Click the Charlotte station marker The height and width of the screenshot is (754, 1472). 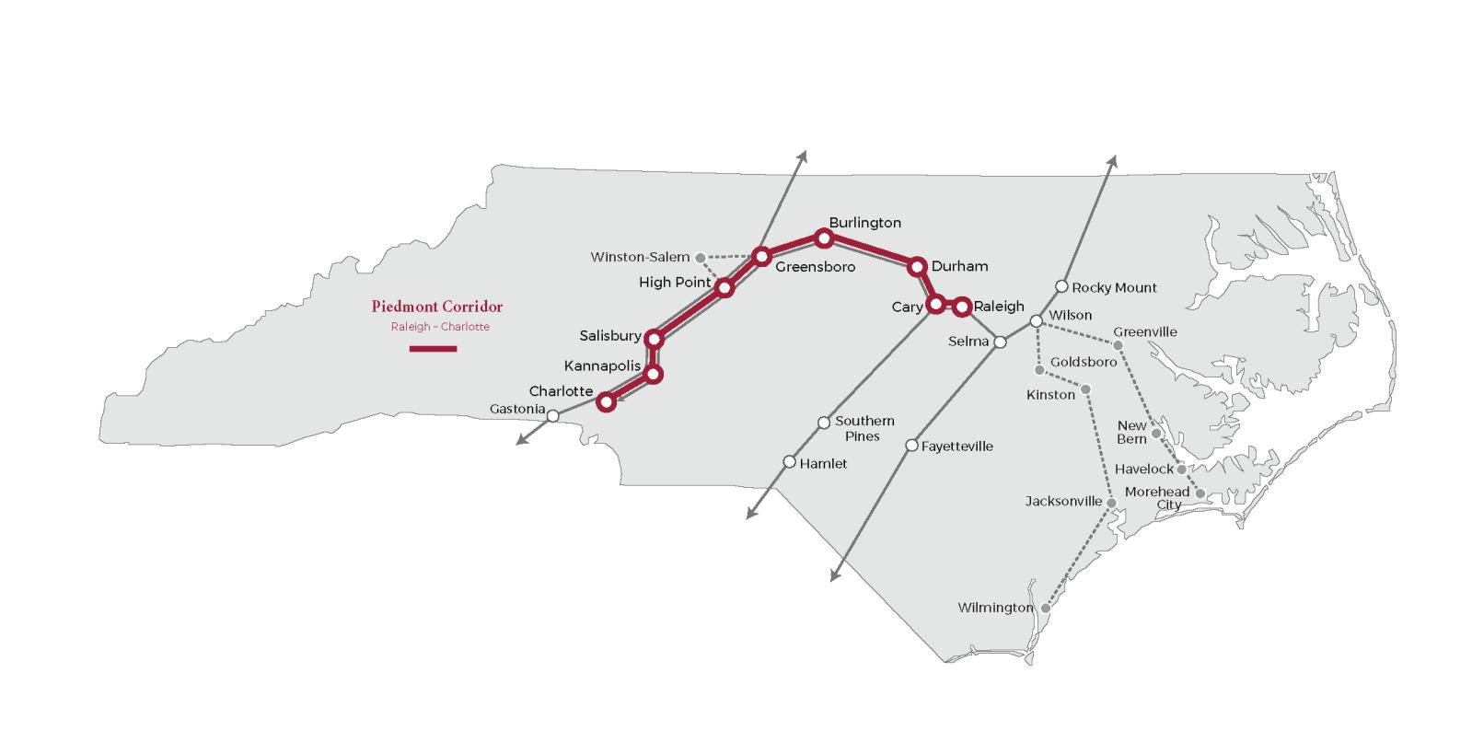606,401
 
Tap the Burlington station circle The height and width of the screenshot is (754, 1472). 824,238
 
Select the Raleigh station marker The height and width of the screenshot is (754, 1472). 962,306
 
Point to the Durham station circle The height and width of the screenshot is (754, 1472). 916,267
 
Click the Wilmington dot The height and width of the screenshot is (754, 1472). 1045,609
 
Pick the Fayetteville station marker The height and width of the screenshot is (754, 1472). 911,446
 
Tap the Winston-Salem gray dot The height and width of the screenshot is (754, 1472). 701,258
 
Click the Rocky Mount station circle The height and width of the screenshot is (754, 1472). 1061,286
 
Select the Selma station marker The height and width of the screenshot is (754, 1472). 1000,342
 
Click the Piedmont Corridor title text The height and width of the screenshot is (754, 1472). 437,307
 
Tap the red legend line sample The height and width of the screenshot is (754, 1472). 433,349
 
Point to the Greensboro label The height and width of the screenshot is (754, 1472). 815,267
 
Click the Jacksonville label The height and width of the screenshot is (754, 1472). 1063,502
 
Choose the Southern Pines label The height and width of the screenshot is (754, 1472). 863,428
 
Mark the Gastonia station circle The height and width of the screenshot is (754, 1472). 552,416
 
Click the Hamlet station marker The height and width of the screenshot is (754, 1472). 789,462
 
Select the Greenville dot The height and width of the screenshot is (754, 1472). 1118,345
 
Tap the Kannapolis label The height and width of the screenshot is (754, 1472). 602,365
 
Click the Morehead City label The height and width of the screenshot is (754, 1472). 1157,498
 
